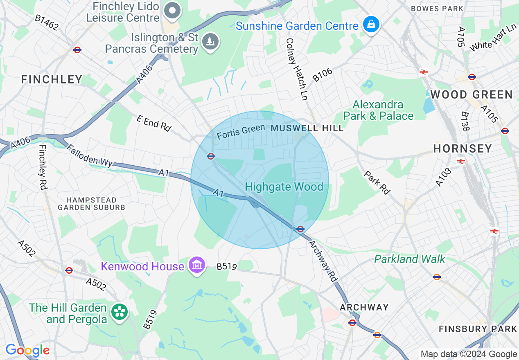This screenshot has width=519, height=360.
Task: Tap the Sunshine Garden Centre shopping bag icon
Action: tap(371, 25)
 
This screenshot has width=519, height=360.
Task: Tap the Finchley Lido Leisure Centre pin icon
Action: tap(172, 11)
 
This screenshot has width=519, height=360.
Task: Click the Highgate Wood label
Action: tap(284, 187)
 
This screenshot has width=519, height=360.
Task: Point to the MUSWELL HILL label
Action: tap(307, 128)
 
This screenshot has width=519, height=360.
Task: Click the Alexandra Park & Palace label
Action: tap(378, 110)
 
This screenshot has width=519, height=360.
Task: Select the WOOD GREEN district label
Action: tap(471, 95)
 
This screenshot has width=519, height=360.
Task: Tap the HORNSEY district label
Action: tap(463, 148)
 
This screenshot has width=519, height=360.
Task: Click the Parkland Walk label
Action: tap(409, 259)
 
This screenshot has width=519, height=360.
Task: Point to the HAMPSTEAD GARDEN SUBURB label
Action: tap(91, 204)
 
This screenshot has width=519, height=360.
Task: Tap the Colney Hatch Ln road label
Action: tap(297, 69)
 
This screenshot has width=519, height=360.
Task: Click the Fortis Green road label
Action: tap(241, 131)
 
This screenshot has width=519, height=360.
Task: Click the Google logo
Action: tap(27, 351)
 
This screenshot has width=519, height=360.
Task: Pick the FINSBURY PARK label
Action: tap(478, 329)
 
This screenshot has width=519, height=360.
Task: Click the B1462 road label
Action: tap(46, 23)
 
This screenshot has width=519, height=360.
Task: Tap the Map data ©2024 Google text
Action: tap(469, 354)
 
